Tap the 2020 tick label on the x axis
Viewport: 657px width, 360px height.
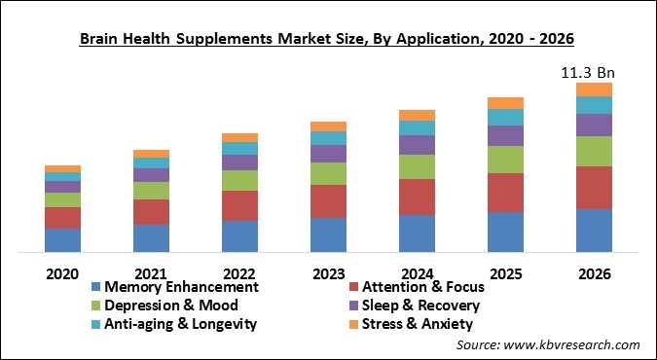pos(62,274)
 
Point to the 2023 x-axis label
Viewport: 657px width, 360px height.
pos(328,274)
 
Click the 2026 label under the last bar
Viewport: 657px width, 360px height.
pos(594,274)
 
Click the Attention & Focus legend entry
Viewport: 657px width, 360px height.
pos(422,287)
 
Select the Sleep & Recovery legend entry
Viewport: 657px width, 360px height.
pos(420,306)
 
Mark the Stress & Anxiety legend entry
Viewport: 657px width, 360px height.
pos(417,324)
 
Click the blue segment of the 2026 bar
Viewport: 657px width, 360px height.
pos(594,231)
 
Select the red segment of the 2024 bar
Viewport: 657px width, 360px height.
pos(417,197)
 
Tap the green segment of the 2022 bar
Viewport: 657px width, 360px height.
pos(239,180)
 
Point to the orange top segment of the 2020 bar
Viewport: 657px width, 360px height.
pos(62,168)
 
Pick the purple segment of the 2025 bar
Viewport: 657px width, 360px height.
pos(505,135)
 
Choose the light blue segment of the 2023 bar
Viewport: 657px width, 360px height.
pos(328,138)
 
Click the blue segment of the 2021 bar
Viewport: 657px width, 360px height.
pos(151,238)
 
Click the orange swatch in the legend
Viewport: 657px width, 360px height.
pos(352,324)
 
